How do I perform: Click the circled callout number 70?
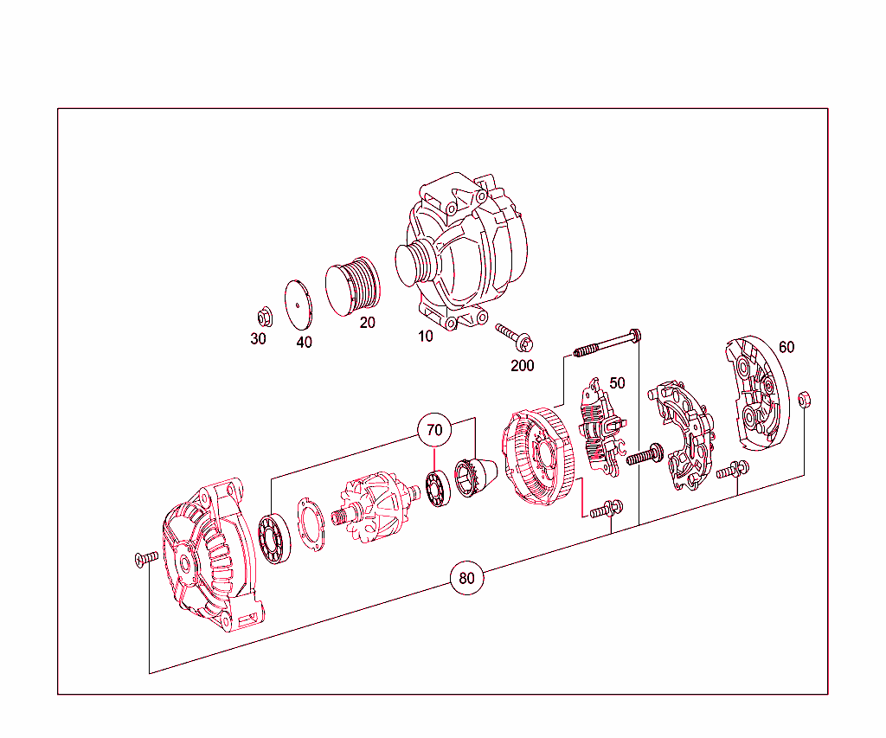tap(434, 429)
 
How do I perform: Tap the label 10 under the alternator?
tap(426, 336)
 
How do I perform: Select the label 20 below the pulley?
tap(368, 323)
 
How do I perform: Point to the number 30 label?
tap(258, 338)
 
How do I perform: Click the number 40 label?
tap(304, 342)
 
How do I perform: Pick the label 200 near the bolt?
tap(523, 365)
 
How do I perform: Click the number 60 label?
tap(786, 347)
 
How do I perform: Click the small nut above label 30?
tap(265, 316)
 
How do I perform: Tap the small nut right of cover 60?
tap(804, 399)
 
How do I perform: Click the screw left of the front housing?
tap(145, 559)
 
